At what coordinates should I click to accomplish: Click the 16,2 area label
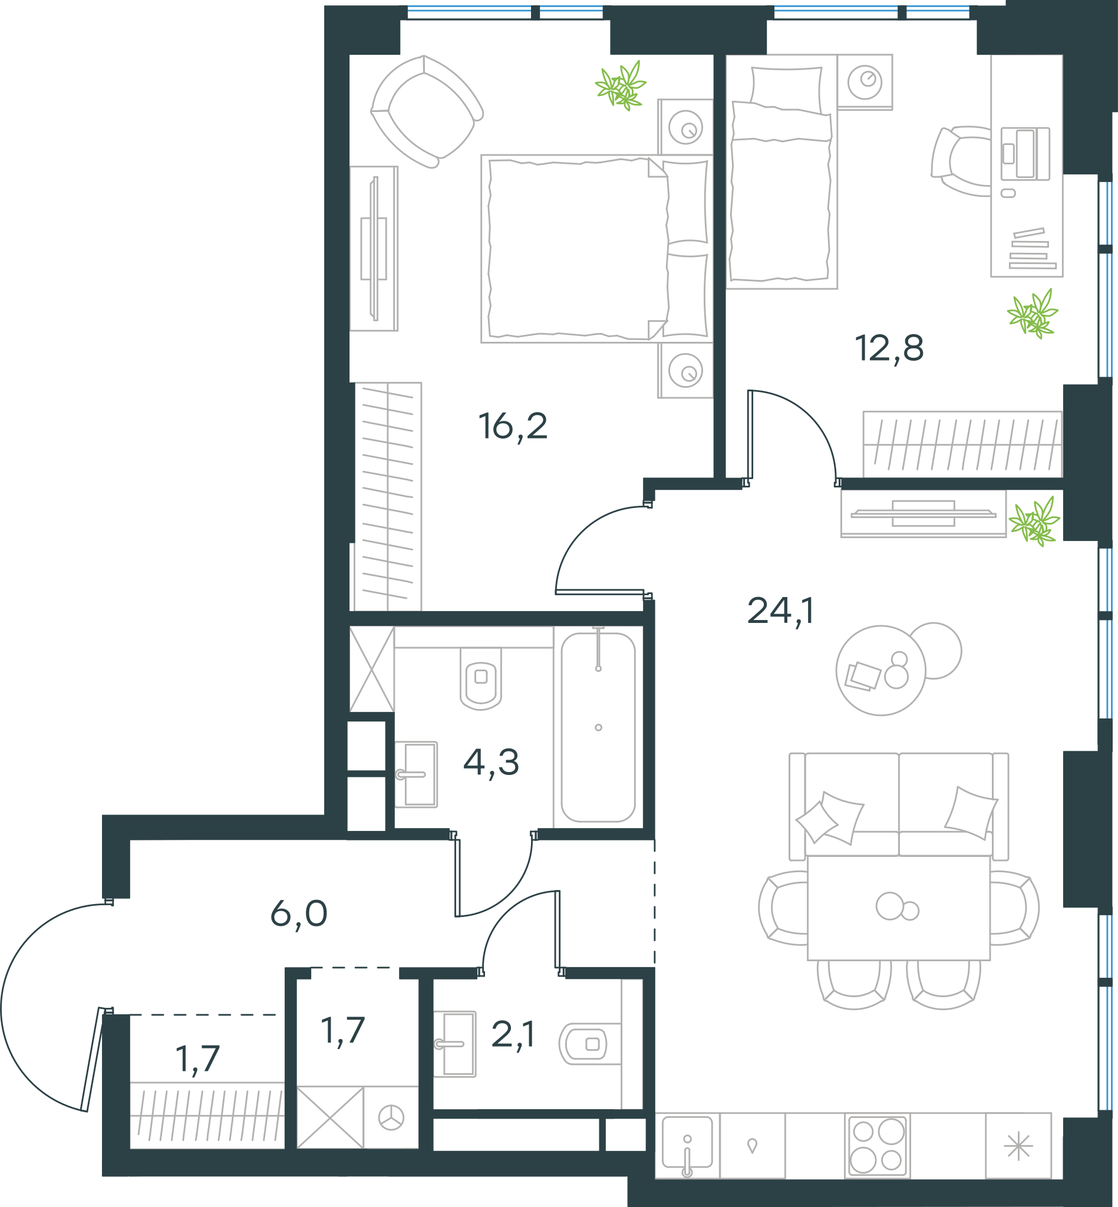point(512,427)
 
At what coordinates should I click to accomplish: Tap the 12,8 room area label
point(889,348)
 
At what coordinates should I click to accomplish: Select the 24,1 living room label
point(780,611)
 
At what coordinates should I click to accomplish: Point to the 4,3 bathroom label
point(491,762)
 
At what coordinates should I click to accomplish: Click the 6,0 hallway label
point(299,914)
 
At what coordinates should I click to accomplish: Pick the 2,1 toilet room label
point(512,1034)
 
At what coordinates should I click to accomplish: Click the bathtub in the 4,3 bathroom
point(598,727)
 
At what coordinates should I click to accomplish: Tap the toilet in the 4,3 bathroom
point(481,678)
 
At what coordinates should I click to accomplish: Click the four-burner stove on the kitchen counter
point(877,1146)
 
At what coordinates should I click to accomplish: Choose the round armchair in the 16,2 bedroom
point(426,111)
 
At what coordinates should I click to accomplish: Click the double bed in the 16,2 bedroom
point(596,249)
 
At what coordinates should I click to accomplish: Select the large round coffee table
point(881,670)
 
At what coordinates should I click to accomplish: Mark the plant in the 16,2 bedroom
point(621,86)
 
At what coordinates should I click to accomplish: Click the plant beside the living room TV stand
point(1034,521)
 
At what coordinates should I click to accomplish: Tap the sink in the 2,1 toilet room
point(455,1044)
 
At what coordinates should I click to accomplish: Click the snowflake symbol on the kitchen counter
point(1019,1146)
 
